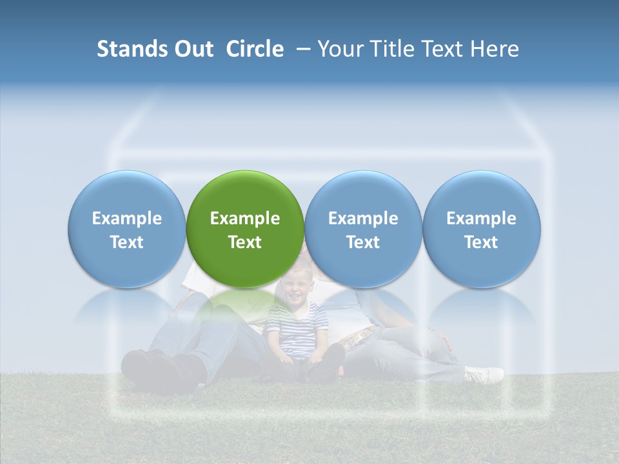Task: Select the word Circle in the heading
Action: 255,49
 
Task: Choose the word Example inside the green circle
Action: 245,218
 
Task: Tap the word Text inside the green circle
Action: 245,242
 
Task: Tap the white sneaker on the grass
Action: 484,374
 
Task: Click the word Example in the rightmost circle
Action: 482,218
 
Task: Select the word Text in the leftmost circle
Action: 127,242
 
